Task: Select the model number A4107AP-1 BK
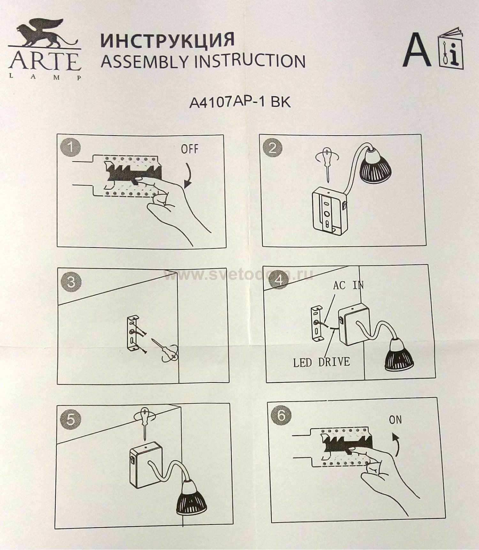coord(240,102)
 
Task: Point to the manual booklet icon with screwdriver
coord(451,48)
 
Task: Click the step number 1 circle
coord(70,147)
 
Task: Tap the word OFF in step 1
coord(189,149)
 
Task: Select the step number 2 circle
coord(272,148)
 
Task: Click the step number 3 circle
coord(71,282)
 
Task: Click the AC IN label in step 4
coord(348,285)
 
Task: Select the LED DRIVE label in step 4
coord(321,362)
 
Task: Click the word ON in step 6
coord(395,420)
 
